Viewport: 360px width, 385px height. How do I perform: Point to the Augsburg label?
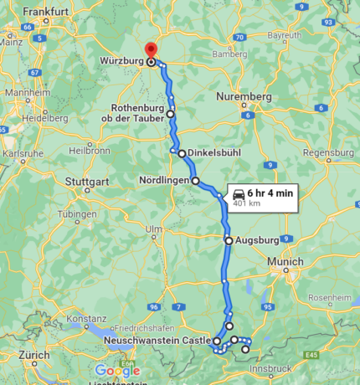tap(256, 240)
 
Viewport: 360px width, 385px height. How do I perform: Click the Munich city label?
tap(285, 262)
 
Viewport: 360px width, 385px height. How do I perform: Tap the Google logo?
tap(117, 369)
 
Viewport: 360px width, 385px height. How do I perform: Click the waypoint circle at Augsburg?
tap(229, 240)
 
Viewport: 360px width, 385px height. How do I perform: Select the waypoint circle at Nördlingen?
tap(195, 180)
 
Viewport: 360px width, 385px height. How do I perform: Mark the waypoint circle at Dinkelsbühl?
tap(181, 153)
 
